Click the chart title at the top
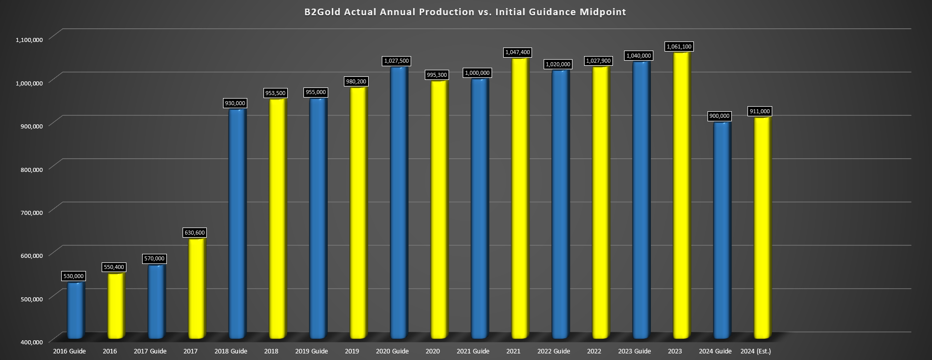pyautogui.click(x=465, y=12)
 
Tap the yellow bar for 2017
pyautogui.click(x=197, y=288)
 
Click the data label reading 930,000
pyautogui.click(x=235, y=103)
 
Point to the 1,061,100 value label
pyautogui.click(x=679, y=47)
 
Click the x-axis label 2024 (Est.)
pyautogui.click(x=756, y=351)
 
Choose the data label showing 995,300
pyautogui.click(x=436, y=75)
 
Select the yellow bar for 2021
pyautogui.click(x=520, y=197)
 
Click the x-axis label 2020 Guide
pyautogui.click(x=392, y=351)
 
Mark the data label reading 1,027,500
pyautogui.click(x=396, y=61)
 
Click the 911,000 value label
pyautogui.click(x=760, y=111)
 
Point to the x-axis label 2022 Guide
pyautogui.click(x=554, y=351)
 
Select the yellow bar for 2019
pyautogui.click(x=359, y=212)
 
